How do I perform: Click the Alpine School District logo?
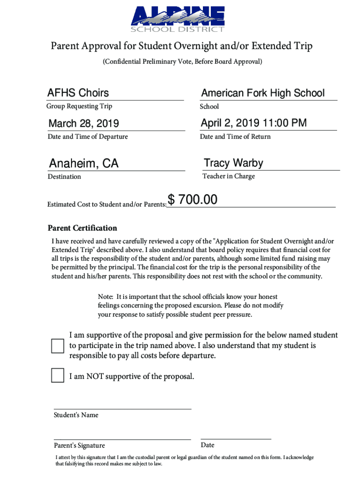point(178,20)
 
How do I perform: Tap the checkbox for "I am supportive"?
point(58,346)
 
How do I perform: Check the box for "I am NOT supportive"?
point(58,376)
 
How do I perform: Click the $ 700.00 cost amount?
point(193,200)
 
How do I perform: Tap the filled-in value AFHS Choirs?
point(78,93)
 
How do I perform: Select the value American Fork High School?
point(263,93)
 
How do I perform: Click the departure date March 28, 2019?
point(84,124)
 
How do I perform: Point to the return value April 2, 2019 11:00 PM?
point(254,123)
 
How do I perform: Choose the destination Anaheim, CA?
point(84,164)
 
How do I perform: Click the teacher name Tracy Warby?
point(233,163)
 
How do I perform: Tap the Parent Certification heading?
point(82,228)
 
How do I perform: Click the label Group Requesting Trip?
point(79,106)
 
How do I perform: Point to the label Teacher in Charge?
point(229,176)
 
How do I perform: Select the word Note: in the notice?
point(106,297)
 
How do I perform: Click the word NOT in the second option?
point(95,377)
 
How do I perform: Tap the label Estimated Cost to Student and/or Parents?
point(107,204)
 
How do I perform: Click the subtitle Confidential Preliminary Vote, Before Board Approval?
point(182,62)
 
